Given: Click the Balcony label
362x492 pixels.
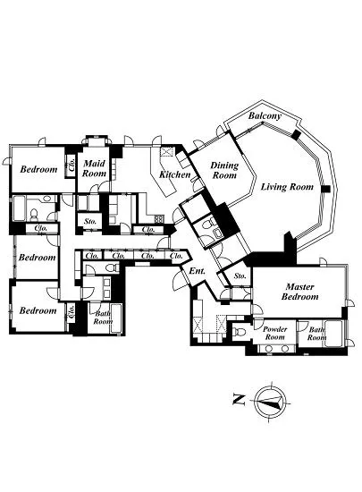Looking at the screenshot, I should click(x=265, y=116).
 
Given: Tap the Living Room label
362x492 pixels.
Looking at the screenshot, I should click(x=288, y=187).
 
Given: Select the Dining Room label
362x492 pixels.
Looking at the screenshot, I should click(x=223, y=171).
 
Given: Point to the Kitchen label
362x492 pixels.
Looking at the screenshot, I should click(x=175, y=174).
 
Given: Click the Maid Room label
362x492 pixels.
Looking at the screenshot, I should click(x=95, y=169).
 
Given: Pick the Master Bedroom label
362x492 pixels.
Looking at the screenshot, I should click(x=299, y=291).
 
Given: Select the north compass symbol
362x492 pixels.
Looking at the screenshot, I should click(x=269, y=401).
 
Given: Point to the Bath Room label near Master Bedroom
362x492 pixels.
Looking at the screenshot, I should click(x=317, y=334).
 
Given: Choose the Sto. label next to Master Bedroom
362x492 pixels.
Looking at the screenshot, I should click(x=240, y=277).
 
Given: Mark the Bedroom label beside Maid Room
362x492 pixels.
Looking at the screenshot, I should click(x=38, y=169).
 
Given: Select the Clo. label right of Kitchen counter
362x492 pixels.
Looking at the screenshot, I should click(x=148, y=229).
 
